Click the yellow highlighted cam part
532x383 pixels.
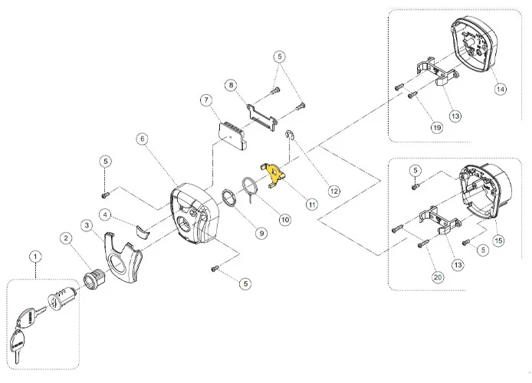273,175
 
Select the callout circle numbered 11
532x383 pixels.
312,205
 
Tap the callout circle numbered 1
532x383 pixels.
33,254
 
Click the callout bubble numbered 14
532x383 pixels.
500,89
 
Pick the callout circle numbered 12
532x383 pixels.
333,190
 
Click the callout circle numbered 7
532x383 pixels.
205,100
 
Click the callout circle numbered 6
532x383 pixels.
142,138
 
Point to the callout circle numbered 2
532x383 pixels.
67,240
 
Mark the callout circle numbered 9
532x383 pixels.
261,233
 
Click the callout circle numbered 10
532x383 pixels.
284,220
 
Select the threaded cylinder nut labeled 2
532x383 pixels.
95,271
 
